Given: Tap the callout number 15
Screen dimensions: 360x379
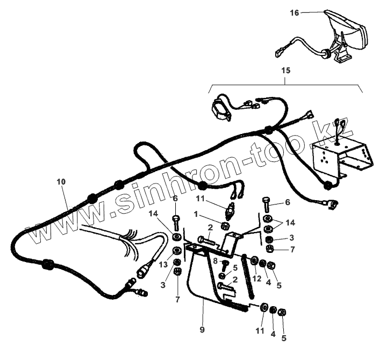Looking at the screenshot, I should (285, 70).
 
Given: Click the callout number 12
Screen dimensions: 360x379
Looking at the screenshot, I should (256, 278).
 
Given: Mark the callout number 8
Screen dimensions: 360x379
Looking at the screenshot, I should (215, 261).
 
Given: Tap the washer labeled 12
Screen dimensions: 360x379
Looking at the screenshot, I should (253, 263).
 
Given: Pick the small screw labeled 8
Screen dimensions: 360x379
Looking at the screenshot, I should (226, 265).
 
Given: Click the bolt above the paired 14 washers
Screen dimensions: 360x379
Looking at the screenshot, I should (267, 204).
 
